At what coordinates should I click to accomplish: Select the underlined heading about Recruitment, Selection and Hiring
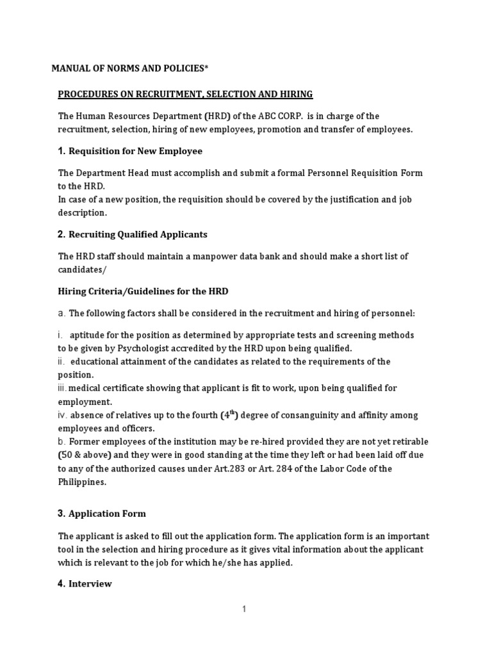tap(185, 95)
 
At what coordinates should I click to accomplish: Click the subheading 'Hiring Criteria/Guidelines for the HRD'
tap(143, 292)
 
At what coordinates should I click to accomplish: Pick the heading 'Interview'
tap(90, 583)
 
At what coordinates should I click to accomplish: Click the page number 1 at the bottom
tap(244, 610)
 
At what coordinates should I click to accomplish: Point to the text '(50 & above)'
tap(85, 455)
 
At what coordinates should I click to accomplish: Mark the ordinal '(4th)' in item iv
tap(229, 414)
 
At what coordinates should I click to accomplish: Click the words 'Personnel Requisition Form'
tap(344, 173)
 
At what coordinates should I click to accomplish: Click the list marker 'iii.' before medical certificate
tap(62, 389)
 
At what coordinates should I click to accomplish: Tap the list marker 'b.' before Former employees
tap(61, 442)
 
